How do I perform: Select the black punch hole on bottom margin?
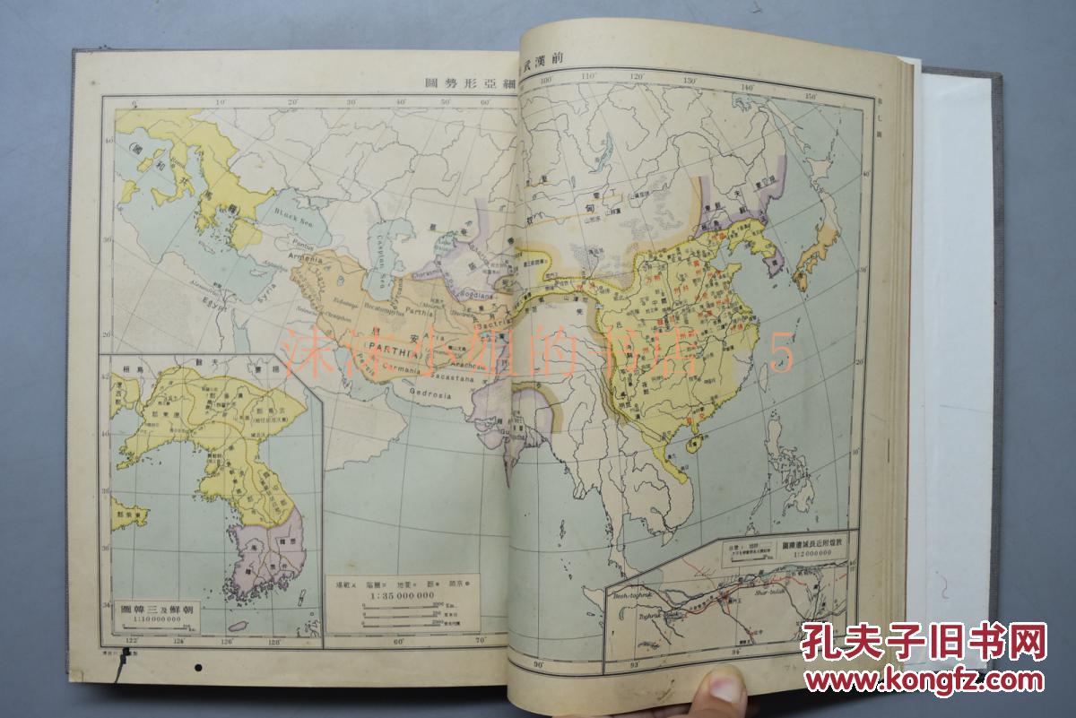coord(200,666)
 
